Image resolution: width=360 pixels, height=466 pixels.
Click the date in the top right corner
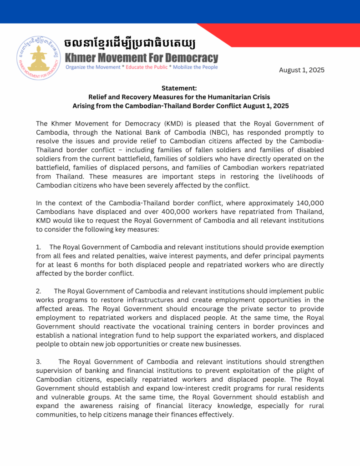coord(301,70)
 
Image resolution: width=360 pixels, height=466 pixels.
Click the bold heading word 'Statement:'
coord(179,88)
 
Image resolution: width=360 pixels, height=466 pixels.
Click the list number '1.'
coord(39,247)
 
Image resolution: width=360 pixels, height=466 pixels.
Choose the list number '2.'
coord(39,291)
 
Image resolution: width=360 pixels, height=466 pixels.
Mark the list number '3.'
coord(39,362)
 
